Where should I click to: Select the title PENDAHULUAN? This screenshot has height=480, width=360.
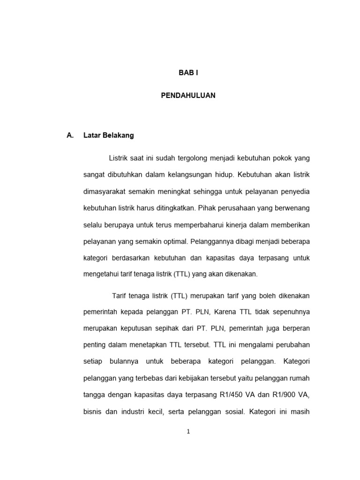[188, 95]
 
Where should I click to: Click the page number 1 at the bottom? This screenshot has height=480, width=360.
[188, 432]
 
